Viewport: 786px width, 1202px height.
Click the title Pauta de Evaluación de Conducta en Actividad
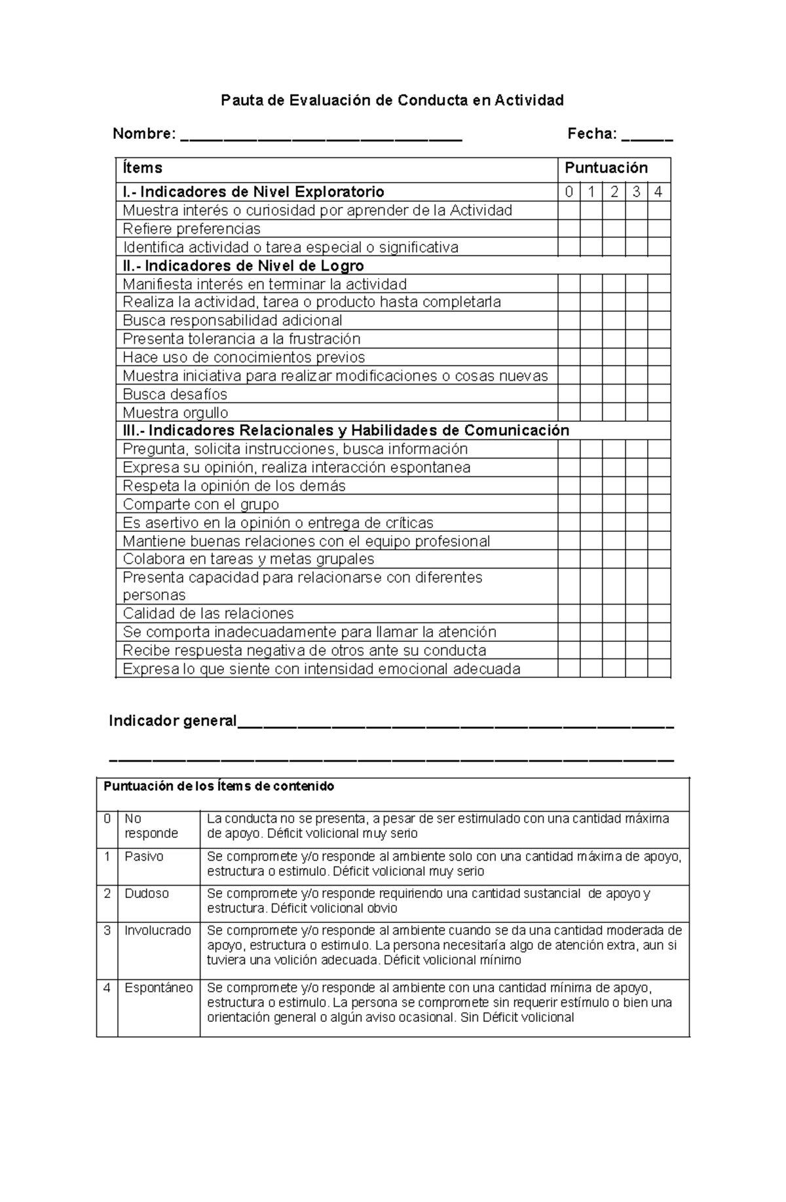click(x=392, y=100)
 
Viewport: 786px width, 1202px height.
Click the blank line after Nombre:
click(x=321, y=136)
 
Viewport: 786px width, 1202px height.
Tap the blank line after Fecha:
click(x=646, y=136)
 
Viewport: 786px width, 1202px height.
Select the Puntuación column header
click(x=606, y=168)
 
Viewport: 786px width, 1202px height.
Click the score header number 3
click(x=636, y=192)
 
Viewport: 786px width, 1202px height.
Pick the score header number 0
click(x=569, y=192)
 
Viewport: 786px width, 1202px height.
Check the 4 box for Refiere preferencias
click(x=658, y=229)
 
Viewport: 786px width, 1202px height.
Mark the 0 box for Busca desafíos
click(x=569, y=394)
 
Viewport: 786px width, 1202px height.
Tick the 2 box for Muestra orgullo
click(x=614, y=413)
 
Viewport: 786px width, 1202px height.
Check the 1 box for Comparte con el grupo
click(x=591, y=504)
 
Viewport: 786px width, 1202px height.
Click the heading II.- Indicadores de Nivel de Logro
click(x=243, y=265)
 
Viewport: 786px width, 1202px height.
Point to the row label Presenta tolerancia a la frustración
click(x=242, y=339)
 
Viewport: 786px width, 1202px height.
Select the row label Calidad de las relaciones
click(x=208, y=614)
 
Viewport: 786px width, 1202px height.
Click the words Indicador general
click(x=172, y=721)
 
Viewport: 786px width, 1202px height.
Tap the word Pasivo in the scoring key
click(x=144, y=857)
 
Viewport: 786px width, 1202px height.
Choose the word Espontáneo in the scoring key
click(x=159, y=988)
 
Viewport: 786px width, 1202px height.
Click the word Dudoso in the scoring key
click(x=147, y=893)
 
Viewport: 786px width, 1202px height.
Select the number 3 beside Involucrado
click(x=107, y=930)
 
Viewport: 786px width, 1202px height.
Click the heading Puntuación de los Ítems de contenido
click(x=219, y=786)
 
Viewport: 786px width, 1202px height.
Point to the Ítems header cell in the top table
click(x=143, y=168)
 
